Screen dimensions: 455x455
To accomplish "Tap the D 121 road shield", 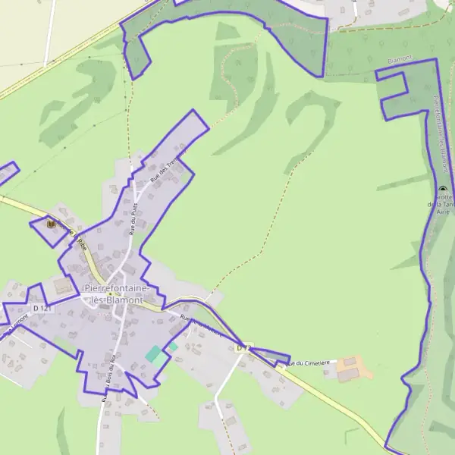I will click(x=42, y=309).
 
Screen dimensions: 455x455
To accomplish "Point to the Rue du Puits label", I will click(x=131, y=219).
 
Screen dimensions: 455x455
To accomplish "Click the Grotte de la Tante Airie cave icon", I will click(x=443, y=190).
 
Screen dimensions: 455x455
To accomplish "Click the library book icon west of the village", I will click(x=51, y=224).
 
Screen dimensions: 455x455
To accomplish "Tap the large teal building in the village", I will click(x=155, y=354).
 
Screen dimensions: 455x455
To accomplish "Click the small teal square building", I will click(x=173, y=347).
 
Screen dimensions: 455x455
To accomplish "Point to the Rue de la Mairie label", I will click(x=201, y=327).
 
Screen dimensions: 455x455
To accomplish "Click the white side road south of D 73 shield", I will click(x=221, y=387).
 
